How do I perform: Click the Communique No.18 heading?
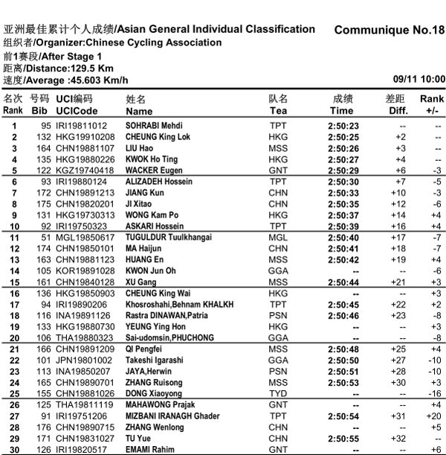pos(390,31)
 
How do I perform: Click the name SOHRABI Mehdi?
pos(154,126)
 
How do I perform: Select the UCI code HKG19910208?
pos(83,137)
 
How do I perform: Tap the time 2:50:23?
pos(343,126)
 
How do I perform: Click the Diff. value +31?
pos(400,416)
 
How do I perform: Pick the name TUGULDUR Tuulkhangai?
pos(168,238)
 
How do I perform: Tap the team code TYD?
pos(278,393)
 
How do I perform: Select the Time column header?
pos(342,110)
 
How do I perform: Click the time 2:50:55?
pos(343,438)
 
